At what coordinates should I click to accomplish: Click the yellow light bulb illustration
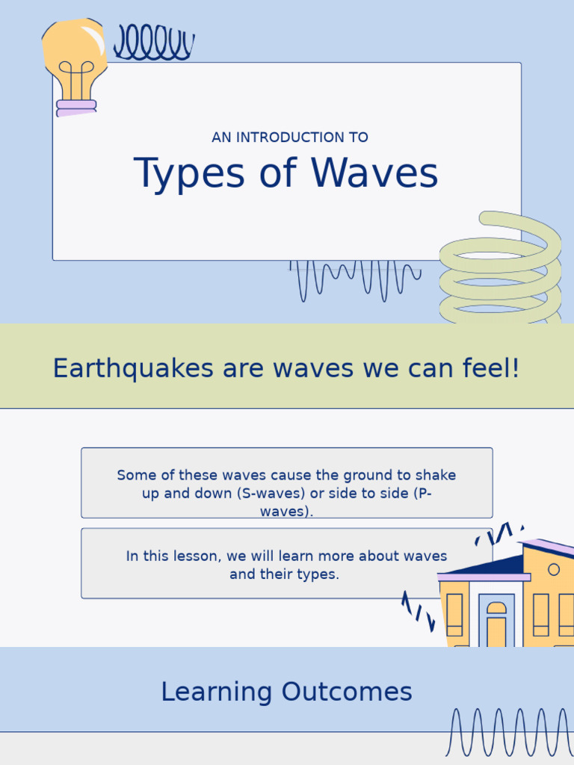(x=73, y=56)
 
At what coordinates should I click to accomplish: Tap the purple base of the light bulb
(x=76, y=108)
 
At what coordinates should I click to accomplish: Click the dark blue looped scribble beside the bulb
(x=153, y=43)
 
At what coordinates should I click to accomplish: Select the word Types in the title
(x=189, y=173)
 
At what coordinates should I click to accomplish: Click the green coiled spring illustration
(x=499, y=273)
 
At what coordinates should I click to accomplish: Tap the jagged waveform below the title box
(x=355, y=279)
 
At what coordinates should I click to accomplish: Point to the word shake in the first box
(x=435, y=475)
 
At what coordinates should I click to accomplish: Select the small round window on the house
(x=554, y=569)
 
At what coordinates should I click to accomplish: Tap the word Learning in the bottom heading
(x=217, y=692)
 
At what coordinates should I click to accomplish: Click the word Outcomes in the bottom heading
(x=347, y=692)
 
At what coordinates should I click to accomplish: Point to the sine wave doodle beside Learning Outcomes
(x=508, y=732)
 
